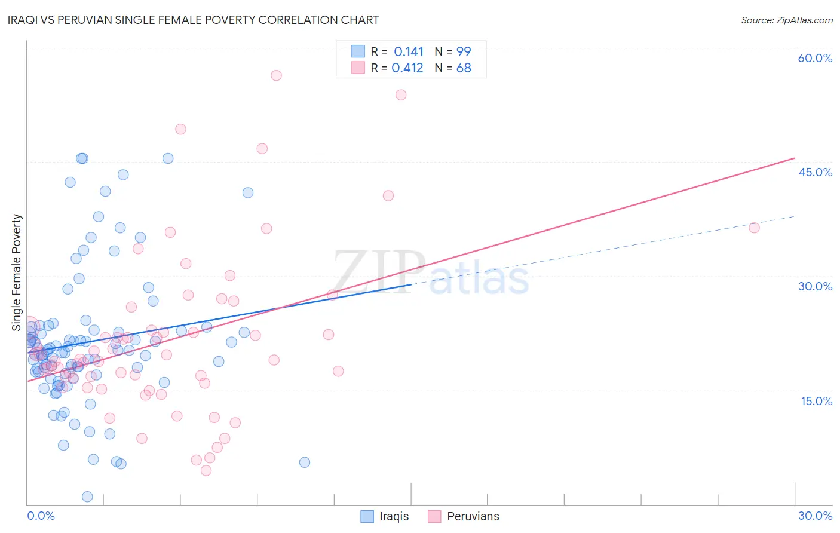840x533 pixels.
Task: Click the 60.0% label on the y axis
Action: pos(815,58)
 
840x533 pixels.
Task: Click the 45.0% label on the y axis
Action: pos(815,172)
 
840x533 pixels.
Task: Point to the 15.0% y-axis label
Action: pos(816,401)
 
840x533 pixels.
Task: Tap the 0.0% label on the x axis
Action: pos(41,516)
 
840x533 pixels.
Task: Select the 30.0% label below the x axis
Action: pos(815,516)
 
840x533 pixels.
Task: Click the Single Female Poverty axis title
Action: pos(17,272)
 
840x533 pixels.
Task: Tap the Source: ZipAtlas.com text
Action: pos(786,20)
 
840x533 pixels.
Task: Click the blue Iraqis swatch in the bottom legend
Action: pos(367,516)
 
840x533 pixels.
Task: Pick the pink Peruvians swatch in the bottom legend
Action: pos(434,516)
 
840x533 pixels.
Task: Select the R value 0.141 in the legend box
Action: pos(409,52)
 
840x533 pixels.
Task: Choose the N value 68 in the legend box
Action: pos(464,68)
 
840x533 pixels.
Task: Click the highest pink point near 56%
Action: pos(276,75)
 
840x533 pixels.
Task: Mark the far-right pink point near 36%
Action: pos(754,228)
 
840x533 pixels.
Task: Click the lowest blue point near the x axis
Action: pos(87,497)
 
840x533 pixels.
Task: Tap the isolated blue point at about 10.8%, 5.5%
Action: pos(305,462)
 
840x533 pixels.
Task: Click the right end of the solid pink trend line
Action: pos(795,158)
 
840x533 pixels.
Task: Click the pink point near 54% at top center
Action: pos(401,95)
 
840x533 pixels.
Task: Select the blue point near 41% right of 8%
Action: pos(248,192)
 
